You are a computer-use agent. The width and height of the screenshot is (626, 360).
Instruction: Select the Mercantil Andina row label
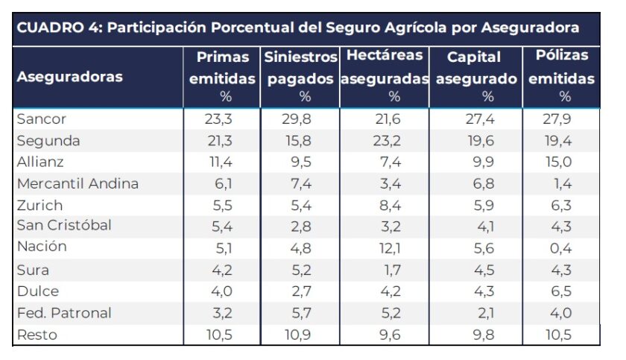[x=78, y=183]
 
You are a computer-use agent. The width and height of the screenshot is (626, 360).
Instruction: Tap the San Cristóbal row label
[x=64, y=226]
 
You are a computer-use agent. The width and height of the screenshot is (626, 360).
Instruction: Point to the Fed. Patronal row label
[x=63, y=312]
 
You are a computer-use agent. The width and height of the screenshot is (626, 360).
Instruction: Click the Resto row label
[x=37, y=335]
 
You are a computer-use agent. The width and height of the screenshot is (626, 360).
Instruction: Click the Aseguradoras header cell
[x=69, y=77]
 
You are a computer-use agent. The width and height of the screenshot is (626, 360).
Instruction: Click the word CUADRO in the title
[x=45, y=28]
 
